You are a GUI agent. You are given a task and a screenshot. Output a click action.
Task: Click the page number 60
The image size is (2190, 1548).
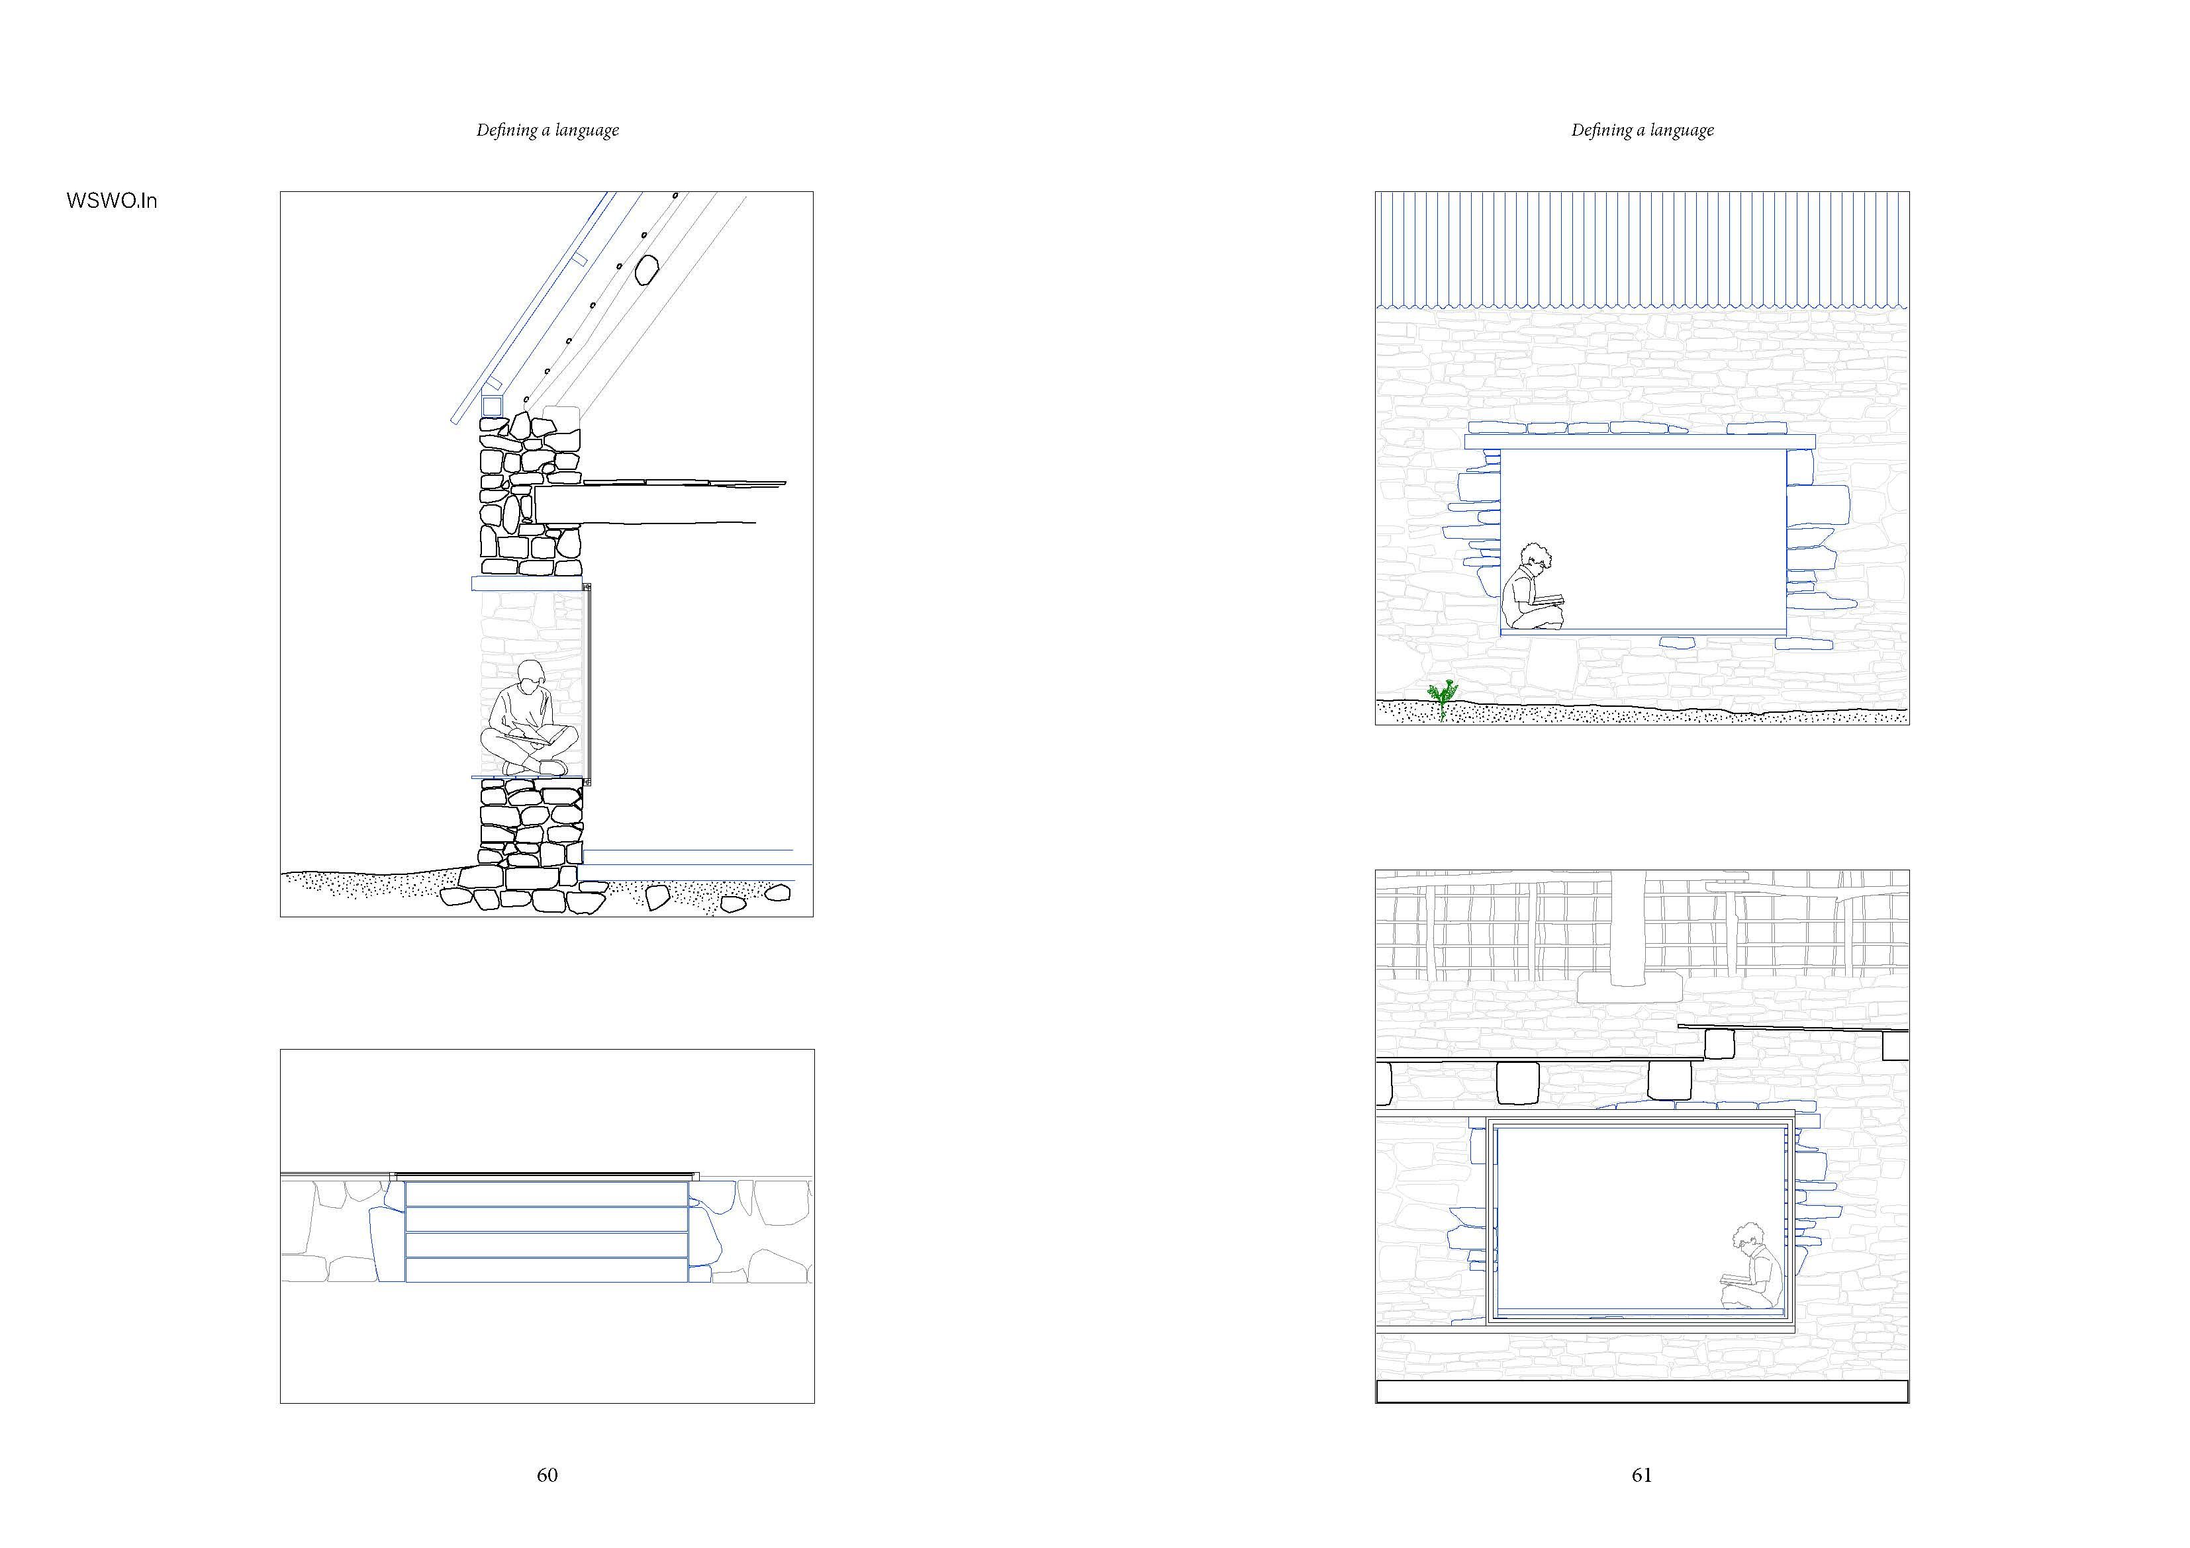[x=547, y=1475]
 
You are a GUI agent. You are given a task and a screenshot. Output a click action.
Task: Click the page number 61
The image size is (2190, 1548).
[x=1641, y=1475]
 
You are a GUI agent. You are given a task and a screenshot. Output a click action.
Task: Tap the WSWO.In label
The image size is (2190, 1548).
[x=112, y=201]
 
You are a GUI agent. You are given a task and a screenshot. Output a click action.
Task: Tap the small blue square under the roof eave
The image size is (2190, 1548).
[x=491, y=405]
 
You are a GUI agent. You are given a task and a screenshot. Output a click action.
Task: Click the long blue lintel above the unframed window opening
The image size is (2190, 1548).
[x=1639, y=441]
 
